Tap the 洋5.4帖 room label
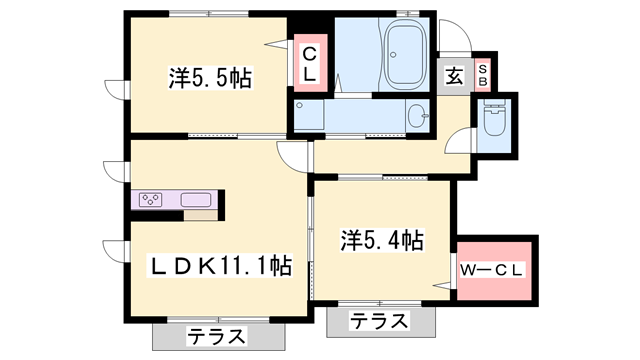point(381,241)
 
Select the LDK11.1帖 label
point(220,267)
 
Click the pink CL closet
point(310,64)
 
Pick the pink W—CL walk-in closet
point(496,270)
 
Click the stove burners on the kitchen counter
point(153,198)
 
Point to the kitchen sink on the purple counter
point(196,199)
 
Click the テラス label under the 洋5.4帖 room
point(380,322)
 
